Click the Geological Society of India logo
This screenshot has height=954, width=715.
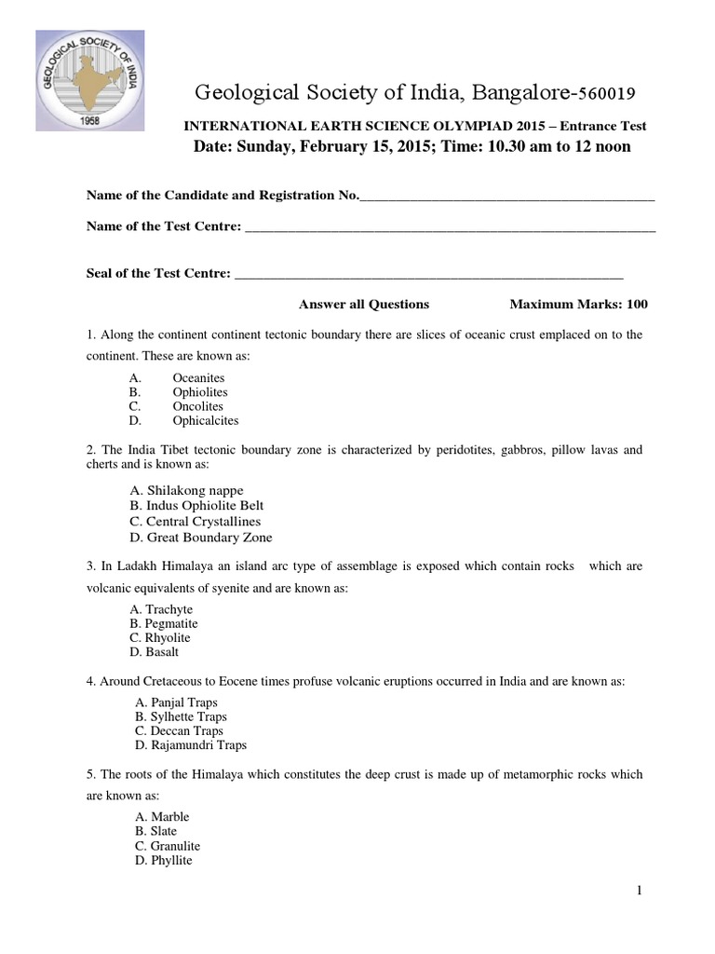tap(90, 80)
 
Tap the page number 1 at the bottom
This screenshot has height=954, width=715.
tap(640, 891)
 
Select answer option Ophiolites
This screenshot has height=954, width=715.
tap(199, 392)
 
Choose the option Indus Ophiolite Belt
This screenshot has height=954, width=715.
tap(198, 506)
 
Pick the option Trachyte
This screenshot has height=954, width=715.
tap(169, 609)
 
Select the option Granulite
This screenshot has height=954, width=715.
tap(174, 846)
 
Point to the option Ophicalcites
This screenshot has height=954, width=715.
tap(205, 420)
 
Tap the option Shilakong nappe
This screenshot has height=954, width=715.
tap(193, 490)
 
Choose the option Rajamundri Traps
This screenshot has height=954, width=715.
tap(197, 745)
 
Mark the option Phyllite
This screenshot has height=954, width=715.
tap(170, 860)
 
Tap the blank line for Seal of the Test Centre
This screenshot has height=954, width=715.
tap(428, 276)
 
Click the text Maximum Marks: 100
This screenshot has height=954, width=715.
tap(579, 305)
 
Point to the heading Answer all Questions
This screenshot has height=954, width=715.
tap(363, 305)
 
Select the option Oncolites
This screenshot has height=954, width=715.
tap(197, 406)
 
